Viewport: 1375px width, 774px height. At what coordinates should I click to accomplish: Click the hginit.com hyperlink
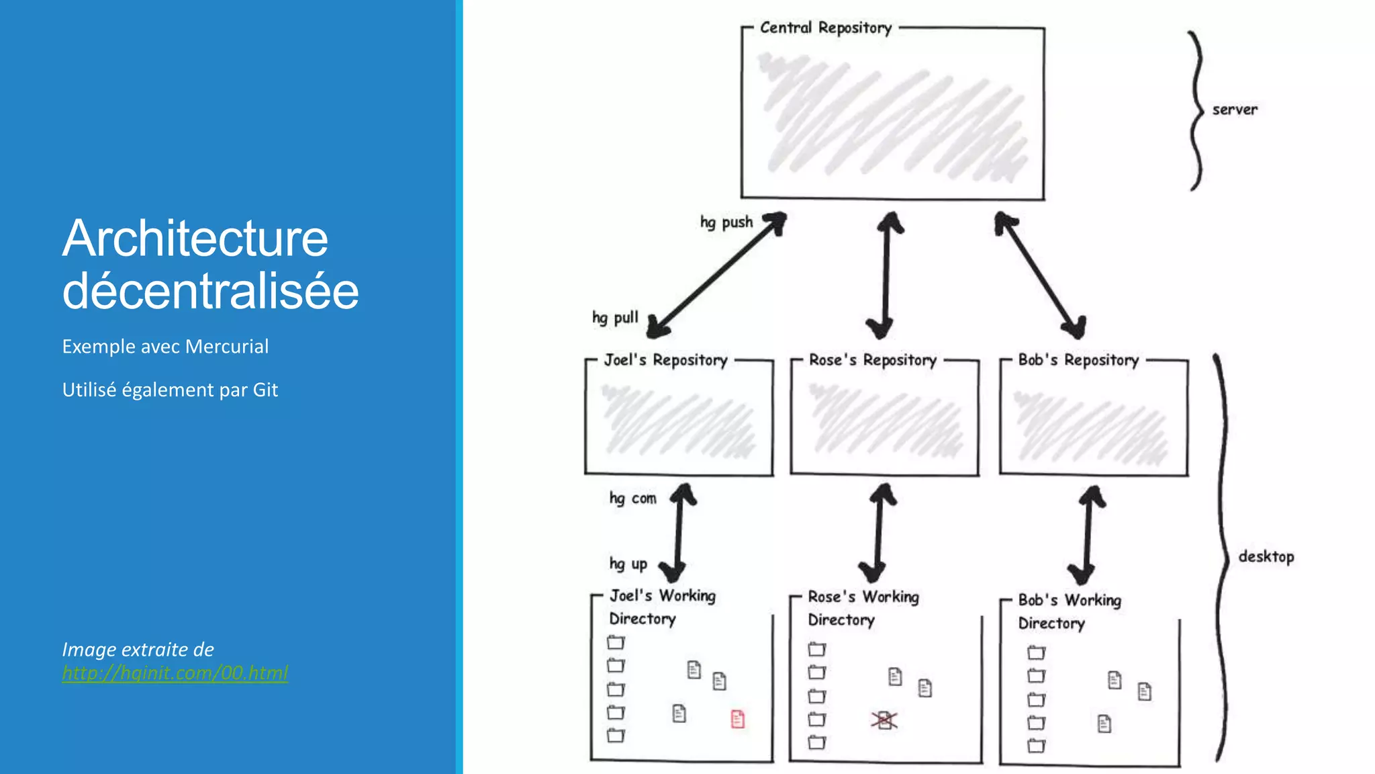pyautogui.click(x=175, y=673)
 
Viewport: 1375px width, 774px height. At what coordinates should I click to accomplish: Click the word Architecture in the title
pyautogui.click(x=195, y=239)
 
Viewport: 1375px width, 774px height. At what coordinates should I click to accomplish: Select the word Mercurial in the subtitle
pyautogui.click(x=227, y=347)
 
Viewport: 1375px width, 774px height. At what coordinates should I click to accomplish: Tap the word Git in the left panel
pyautogui.click(x=265, y=390)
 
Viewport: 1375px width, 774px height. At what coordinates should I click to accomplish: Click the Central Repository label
pyautogui.click(x=826, y=28)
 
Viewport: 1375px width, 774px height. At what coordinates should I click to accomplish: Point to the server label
pyautogui.click(x=1235, y=110)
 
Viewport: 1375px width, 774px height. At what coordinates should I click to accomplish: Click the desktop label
pyautogui.click(x=1266, y=556)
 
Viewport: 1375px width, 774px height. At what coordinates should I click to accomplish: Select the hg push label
pyautogui.click(x=726, y=222)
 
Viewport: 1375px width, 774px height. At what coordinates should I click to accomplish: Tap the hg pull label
pyautogui.click(x=615, y=318)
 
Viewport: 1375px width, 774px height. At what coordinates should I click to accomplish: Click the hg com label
pyautogui.click(x=632, y=499)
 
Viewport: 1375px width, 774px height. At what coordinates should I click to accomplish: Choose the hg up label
pyautogui.click(x=628, y=564)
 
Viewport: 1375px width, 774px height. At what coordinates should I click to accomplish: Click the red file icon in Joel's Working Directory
pyautogui.click(x=737, y=719)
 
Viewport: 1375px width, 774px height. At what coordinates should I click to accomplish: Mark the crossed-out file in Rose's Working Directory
pyautogui.click(x=884, y=720)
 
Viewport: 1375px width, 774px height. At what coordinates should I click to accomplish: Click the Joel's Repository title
pyautogui.click(x=665, y=360)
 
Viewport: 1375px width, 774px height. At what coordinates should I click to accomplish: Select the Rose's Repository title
pyautogui.click(x=872, y=360)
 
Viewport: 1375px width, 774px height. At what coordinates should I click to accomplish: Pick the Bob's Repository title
pyautogui.click(x=1078, y=360)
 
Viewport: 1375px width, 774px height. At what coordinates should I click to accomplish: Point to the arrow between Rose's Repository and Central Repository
pyautogui.click(x=886, y=275)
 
